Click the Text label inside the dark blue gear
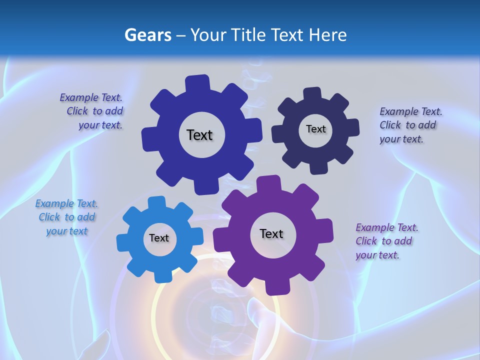pyautogui.click(x=199, y=135)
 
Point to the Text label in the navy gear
pyautogui.click(x=315, y=129)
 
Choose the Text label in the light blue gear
pyautogui.click(x=159, y=238)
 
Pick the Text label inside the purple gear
pyautogui.click(x=271, y=233)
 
